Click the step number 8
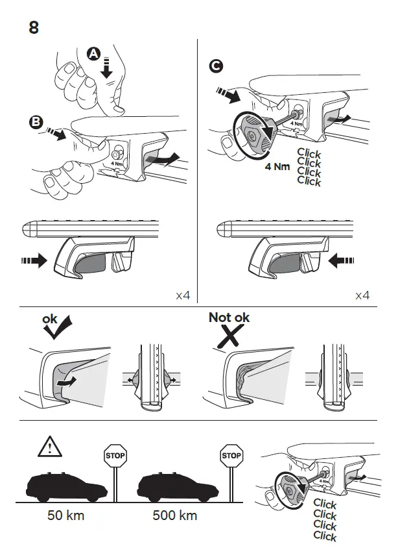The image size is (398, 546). (34, 28)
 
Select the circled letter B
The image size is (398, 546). (36, 121)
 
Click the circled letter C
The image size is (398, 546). (217, 66)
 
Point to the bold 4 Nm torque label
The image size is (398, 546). (277, 166)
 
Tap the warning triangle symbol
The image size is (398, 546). (49, 447)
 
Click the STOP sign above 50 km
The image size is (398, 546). (115, 456)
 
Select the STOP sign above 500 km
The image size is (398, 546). (231, 456)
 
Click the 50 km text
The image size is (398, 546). (65, 516)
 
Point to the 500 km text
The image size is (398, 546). (175, 516)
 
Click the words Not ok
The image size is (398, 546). (229, 317)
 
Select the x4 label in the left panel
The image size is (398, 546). (183, 295)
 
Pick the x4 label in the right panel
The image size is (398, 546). (362, 295)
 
